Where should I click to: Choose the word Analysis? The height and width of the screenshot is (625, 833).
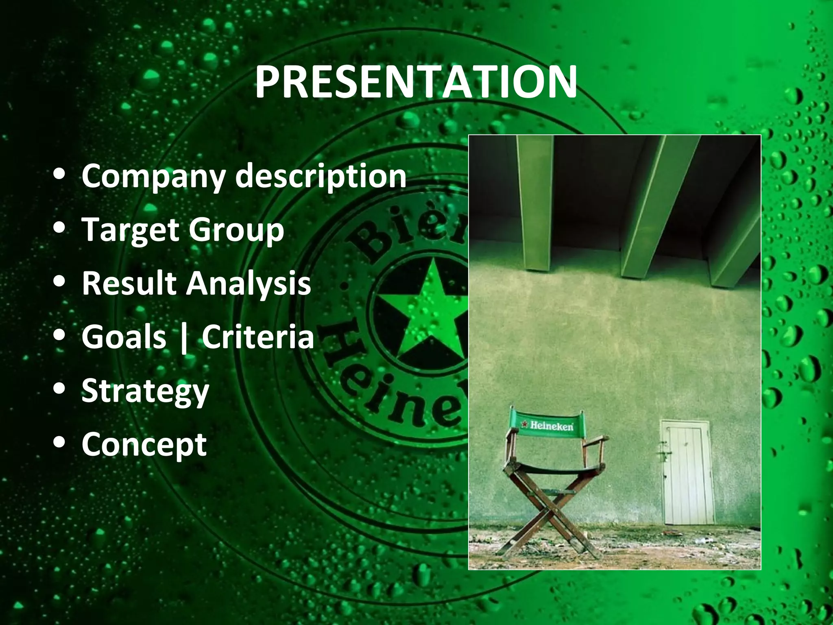[x=249, y=284]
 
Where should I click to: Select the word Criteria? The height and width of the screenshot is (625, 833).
[x=258, y=337]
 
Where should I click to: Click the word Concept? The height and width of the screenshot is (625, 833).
[x=144, y=445]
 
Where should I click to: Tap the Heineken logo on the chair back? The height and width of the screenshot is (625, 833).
[x=547, y=426]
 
